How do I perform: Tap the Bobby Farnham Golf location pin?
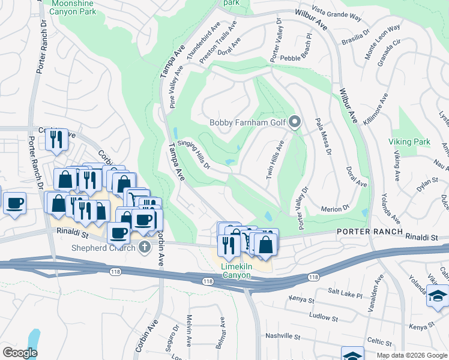(294, 122)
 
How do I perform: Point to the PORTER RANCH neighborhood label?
(365, 231)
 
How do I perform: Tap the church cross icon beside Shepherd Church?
(144, 247)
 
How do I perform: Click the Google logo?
(20, 352)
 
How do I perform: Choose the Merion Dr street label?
(337, 208)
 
